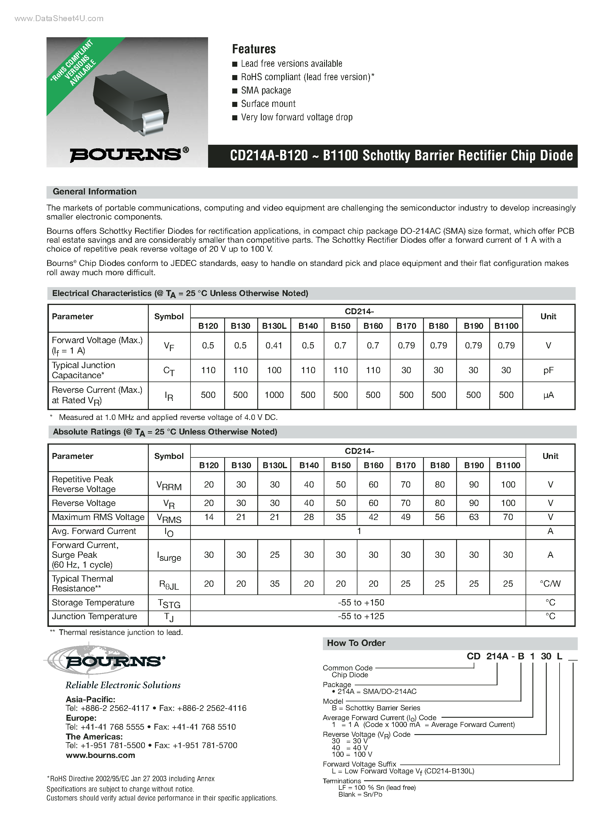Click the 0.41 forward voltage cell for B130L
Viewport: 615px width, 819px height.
coord(274,345)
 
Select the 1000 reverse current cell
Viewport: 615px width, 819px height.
coord(274,395)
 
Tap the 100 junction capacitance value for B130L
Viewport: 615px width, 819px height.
coord(274,370)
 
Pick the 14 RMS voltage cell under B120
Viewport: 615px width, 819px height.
coord(209,517)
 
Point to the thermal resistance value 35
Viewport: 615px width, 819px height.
coord(275,584)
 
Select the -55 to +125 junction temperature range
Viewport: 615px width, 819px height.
coord(361,616)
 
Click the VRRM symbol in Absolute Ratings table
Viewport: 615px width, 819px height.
coord(169,485)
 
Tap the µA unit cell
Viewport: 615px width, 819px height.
coord(548,396)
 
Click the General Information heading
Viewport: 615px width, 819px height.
coord(95,192)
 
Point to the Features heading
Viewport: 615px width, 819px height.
coord(254,49)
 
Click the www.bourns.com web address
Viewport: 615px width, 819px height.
coord(100,755)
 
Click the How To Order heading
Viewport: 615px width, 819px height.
coord(356,643)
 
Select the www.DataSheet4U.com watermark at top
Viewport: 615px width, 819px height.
coord(59,18)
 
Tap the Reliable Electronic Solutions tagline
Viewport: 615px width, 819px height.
coord(123,685)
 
